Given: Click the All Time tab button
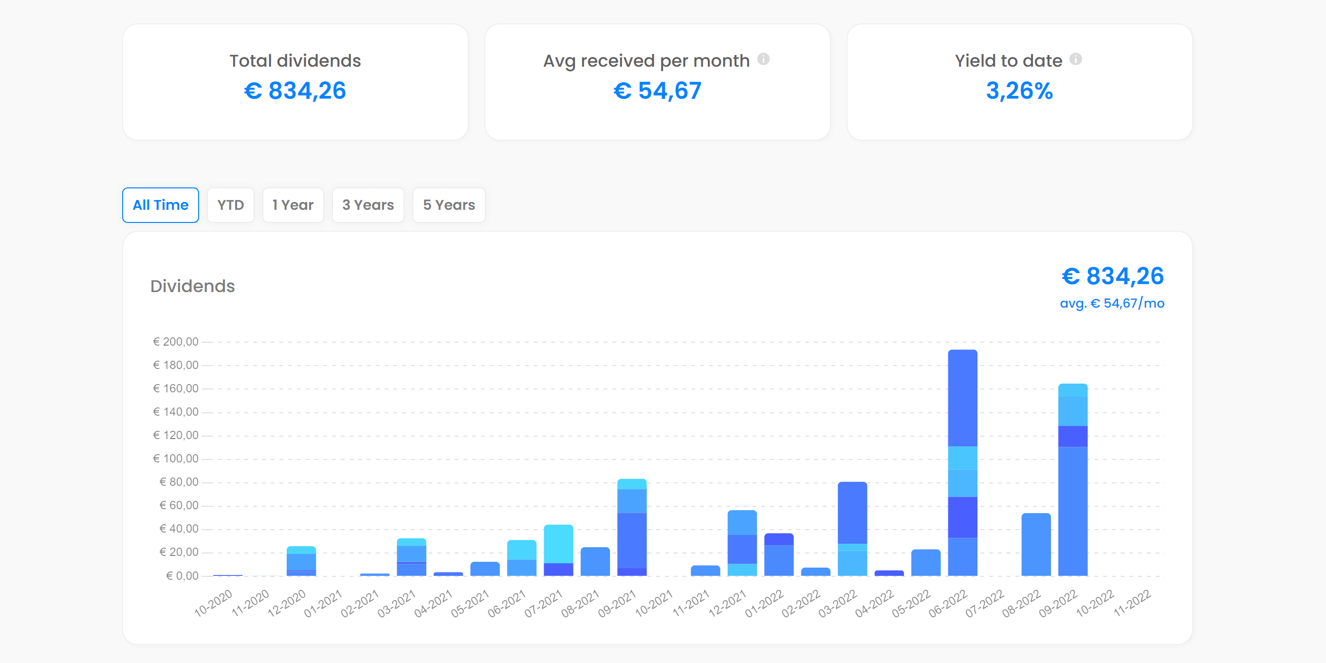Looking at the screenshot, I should point(161,205).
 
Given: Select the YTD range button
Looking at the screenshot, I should point(230,205).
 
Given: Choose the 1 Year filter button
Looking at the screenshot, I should point(293,205).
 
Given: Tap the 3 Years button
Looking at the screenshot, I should point(368,205).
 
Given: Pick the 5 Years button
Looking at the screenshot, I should point(449,205).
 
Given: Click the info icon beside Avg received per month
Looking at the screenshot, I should point(763,59).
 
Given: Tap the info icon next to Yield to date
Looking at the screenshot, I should point(1076,59).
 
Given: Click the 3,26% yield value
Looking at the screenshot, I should point(1019,91).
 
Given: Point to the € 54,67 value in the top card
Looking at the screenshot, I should point(657,91).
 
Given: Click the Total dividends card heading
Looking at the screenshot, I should point(295,61).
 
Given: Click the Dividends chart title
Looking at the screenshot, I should point(192,286).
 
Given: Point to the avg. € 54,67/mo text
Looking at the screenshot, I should point(1112,303).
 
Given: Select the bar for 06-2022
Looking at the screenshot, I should point(962,463).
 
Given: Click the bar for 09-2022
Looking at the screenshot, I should point(1073,484).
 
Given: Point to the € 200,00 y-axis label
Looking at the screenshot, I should point(176,342).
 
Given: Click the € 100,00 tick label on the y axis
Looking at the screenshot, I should point(176,459).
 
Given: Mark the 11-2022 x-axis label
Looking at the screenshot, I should point(1132,603).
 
